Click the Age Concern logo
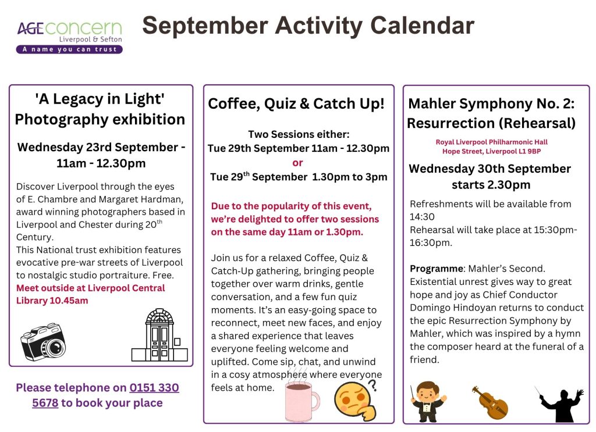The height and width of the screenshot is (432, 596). (69, 37)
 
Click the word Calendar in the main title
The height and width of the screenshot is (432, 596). (423, 26)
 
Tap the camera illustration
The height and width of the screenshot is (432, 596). (43, 342)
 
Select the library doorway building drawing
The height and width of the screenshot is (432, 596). (159, 335)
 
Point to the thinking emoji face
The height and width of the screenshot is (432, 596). (354, 401)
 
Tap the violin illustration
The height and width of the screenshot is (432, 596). (489, 403)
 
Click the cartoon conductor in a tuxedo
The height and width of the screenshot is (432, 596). (428, 402)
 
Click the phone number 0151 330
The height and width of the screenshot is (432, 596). (154, 388)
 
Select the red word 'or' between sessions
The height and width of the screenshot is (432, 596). (297, 163)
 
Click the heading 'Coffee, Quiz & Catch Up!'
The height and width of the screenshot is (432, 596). (296, 103)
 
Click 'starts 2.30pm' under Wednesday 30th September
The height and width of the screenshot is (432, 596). (491, 185)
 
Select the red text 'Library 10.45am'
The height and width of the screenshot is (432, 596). (52, 301)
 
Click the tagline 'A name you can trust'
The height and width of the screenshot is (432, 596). (69, 49)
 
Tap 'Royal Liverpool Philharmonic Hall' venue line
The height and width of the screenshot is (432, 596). (491, 142)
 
